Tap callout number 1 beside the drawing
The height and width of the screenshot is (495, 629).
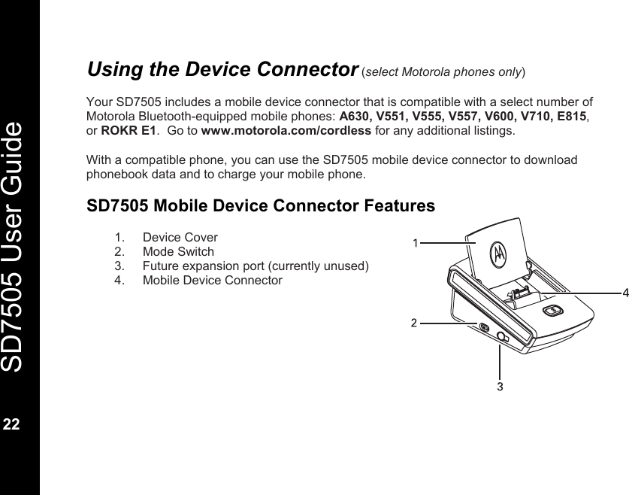point(415,243)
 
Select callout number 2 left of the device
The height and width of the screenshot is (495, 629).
point(413,323)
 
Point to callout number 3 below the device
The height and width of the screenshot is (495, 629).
point(500,386)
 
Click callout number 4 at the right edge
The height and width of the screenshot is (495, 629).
point(624,292)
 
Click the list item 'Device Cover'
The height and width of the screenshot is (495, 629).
point(180,237)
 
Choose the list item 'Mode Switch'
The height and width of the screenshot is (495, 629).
point(178,251)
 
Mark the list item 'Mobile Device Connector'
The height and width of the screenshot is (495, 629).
point(212,280)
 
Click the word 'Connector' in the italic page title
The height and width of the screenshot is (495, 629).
point(307,69)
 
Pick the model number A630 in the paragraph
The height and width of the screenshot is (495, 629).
point(358,116)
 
